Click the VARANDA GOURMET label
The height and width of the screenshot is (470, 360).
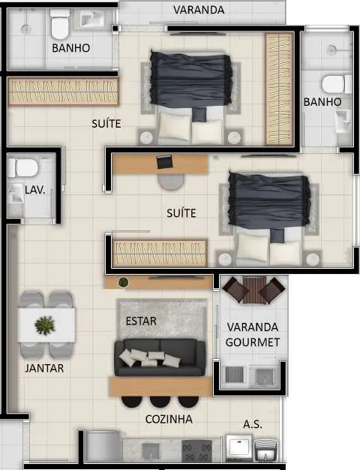coord(253,335)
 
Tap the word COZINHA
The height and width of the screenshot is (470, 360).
coord(169,419)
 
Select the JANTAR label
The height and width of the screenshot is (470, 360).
coord(44,368)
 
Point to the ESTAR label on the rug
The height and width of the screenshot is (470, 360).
coord(141,321)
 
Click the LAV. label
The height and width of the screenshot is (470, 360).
coord(35,190)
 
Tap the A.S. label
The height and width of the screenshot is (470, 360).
coord(253,424)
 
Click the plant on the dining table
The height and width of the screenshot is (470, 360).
coord(45,326)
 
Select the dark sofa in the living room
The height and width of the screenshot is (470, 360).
coord(160,357)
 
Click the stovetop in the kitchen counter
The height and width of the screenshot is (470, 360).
coord(196,450)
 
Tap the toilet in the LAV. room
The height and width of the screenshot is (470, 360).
coord(23,168)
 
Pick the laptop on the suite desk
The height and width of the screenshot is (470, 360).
coord(164,161)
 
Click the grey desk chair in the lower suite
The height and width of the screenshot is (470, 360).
coord(171,182)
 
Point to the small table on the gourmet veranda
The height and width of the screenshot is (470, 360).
coord(254,290)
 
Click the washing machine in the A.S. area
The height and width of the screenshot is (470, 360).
coord(238,447)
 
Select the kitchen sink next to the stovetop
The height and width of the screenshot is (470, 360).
coord(151,451)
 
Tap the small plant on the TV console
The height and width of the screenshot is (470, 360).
coord(123,282)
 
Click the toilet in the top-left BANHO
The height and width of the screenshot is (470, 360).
coord(59,25)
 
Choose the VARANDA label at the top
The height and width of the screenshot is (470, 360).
coord(199,10)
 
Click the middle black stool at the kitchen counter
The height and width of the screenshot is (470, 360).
coord(160,402)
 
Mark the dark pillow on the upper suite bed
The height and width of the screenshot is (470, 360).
coord(199,115)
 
